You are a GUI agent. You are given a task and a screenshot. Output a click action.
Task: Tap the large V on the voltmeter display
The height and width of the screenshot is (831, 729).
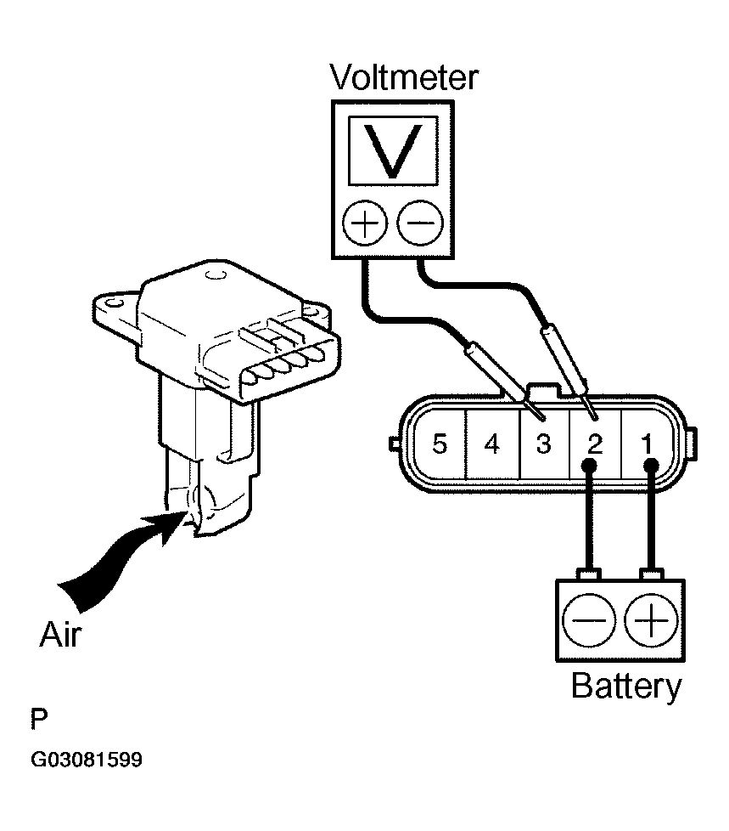click(x=393, y=151)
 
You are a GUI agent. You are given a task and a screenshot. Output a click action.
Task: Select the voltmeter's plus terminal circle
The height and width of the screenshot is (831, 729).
click(x=365, y=223)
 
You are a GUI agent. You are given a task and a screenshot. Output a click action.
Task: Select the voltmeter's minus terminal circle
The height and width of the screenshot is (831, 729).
click(x=420, y=223)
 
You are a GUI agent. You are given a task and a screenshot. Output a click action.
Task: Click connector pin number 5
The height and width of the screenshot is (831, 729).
click(x=440, y=444)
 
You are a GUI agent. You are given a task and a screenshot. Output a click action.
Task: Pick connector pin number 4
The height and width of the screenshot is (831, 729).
click(x=492, y=444)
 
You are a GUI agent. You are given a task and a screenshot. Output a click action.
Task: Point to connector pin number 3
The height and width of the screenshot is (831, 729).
click(x=544, y=444)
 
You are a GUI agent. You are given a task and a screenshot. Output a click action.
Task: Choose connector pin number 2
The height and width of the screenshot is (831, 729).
click(x=595, y=444)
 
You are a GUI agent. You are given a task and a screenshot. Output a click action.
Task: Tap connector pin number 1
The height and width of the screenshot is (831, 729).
click(x=647, y=444)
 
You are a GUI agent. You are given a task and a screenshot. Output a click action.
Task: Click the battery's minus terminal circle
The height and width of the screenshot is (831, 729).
click(x=588, y=620)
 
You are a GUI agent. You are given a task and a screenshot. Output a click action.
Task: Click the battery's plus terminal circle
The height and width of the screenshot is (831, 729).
click(x=651, y=620)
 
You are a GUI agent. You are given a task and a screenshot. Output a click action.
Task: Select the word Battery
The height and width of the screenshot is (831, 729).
click(x=626, y=687)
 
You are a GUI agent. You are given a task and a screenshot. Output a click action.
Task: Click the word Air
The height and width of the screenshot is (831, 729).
click(x=61, y=635)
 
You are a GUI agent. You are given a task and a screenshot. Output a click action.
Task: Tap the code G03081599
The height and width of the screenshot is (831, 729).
click(x=87, y=760)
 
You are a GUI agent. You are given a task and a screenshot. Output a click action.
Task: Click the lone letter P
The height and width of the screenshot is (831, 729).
click(x=39, y=719)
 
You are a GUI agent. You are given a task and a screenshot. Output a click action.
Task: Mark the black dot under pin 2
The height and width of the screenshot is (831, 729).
click(x=589, y=466)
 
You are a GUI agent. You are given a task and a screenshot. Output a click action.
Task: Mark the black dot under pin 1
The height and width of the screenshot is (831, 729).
click(x=651, y=466)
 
